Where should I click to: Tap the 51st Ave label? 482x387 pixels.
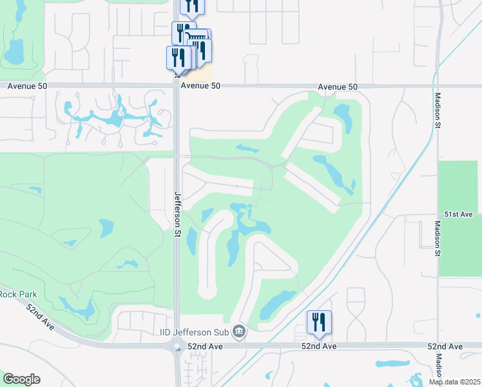(459, 213)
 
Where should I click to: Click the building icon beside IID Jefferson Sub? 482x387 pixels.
(239, 332)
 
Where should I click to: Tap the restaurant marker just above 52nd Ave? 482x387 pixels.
(319, 322)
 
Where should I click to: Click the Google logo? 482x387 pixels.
(21, 379)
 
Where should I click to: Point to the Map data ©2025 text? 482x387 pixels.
(454, 382)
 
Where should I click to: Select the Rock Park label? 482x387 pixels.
(18, 294)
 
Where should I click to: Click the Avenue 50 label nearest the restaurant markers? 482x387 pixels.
(200, 86)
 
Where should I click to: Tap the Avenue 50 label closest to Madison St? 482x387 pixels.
(338, 86)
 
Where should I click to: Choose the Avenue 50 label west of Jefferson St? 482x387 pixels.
(27, 86)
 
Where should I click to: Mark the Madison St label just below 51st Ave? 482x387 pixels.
(436, 239)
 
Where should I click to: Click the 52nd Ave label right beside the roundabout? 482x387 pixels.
(204, 347)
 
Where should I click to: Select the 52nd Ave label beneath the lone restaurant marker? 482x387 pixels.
(319, 347)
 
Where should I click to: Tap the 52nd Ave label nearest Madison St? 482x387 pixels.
(445, 347)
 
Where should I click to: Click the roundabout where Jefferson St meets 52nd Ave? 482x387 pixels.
(177, 347)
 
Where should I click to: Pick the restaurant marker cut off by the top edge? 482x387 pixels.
(191, 6)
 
